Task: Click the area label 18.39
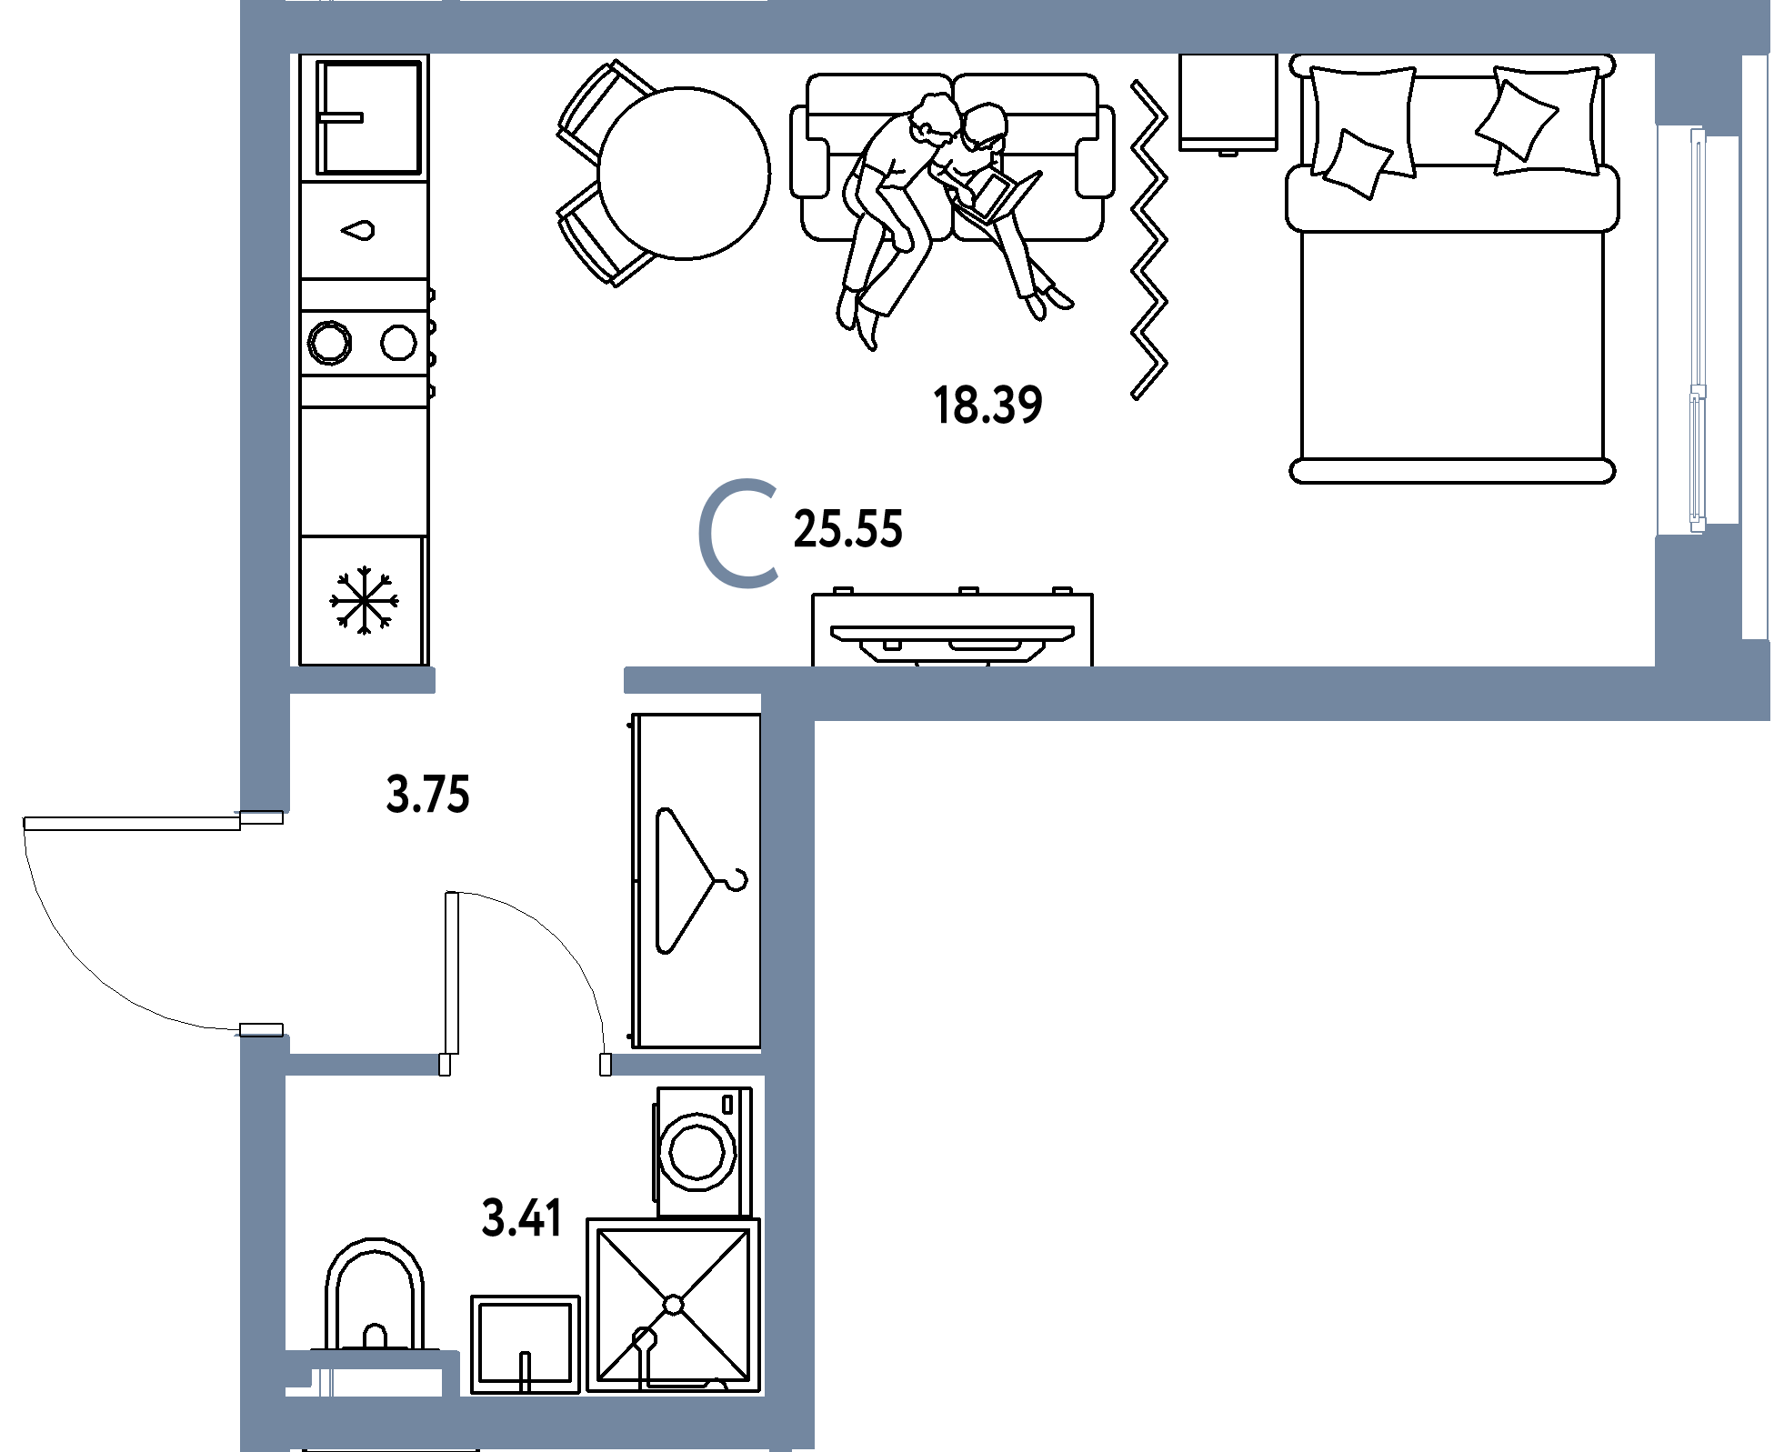(x=987, y=406)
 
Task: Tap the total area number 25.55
(x=848, y=529)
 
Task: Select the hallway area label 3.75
(x=427, y=794)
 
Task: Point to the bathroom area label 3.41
(x=522, y=1218)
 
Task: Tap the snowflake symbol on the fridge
(x=364, y=600)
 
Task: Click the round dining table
(x=684, y=173)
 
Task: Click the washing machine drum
(x=697, y=1152)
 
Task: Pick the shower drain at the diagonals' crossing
(x=673, y=1305)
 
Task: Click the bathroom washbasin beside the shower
(x=525, y=1344)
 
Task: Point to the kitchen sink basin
(x=368, y=117)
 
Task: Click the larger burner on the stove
(x=329, y=343)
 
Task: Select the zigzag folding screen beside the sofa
(x=1149, y=240)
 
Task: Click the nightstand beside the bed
(x=1228, y=103)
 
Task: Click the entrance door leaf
(x=133, y=824)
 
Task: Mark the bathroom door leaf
(x=452, y=973)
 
